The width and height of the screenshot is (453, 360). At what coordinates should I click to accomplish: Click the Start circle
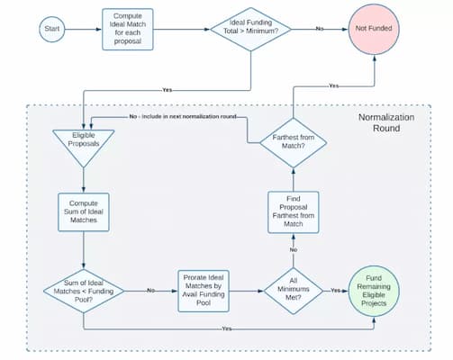[52, 29]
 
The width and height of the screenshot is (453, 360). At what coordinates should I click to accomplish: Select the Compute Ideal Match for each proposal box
[128, 29]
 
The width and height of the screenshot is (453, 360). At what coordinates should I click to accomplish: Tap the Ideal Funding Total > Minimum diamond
[250, 29]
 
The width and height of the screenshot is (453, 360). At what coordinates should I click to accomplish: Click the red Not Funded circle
[374, 29]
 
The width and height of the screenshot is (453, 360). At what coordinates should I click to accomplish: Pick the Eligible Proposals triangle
[84, 144]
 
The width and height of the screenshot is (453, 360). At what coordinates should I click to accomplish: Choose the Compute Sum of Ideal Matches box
[84, 212]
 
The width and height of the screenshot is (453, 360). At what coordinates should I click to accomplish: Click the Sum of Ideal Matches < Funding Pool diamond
[84, 291]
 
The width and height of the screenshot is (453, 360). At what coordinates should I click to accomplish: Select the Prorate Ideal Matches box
[204, 291]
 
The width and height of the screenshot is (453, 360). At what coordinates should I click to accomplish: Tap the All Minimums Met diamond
[294, 291]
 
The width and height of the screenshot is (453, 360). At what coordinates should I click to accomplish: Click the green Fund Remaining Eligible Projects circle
[374, 291]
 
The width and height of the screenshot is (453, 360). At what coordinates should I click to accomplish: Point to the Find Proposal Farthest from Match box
[294, 212]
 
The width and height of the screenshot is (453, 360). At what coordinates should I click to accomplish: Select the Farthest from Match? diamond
[294, 142]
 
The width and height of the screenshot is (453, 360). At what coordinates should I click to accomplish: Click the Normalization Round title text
[386, 122]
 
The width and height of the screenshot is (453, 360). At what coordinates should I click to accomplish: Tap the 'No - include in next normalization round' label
[183, 116]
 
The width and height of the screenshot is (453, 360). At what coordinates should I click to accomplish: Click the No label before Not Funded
[320, 29]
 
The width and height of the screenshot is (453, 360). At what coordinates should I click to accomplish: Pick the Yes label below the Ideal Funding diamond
[167, 90]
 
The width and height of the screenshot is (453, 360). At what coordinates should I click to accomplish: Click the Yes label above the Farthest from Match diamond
[333, 85]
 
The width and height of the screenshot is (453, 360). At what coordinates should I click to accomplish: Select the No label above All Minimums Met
[294, 249]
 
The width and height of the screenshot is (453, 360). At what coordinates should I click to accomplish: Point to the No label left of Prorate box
[150, 291]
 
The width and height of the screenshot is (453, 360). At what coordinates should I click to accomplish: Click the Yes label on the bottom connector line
[227, 328]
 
